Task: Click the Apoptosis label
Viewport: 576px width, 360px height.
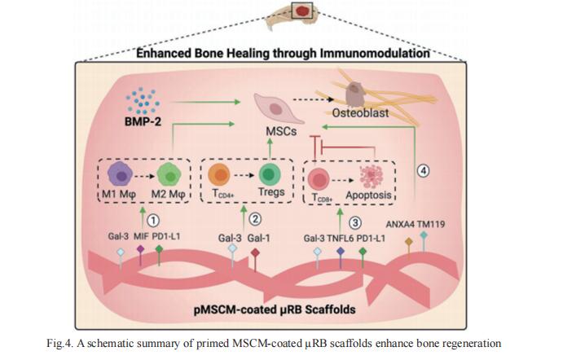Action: click(x=370, y=196)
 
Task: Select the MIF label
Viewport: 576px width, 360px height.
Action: click(x=141, y=236)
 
